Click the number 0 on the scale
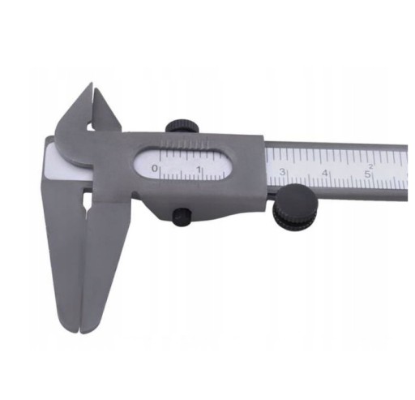[x=154, y=168]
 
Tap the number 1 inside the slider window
[x=199, y=170]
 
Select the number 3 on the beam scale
[x=282, y=172]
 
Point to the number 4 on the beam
[x=325, y=173]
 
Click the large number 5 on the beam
[x=367, y=174]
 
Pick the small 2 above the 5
[x=371, y=166]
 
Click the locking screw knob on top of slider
[x=182, y=126]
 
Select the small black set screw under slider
[x=182, y=215]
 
